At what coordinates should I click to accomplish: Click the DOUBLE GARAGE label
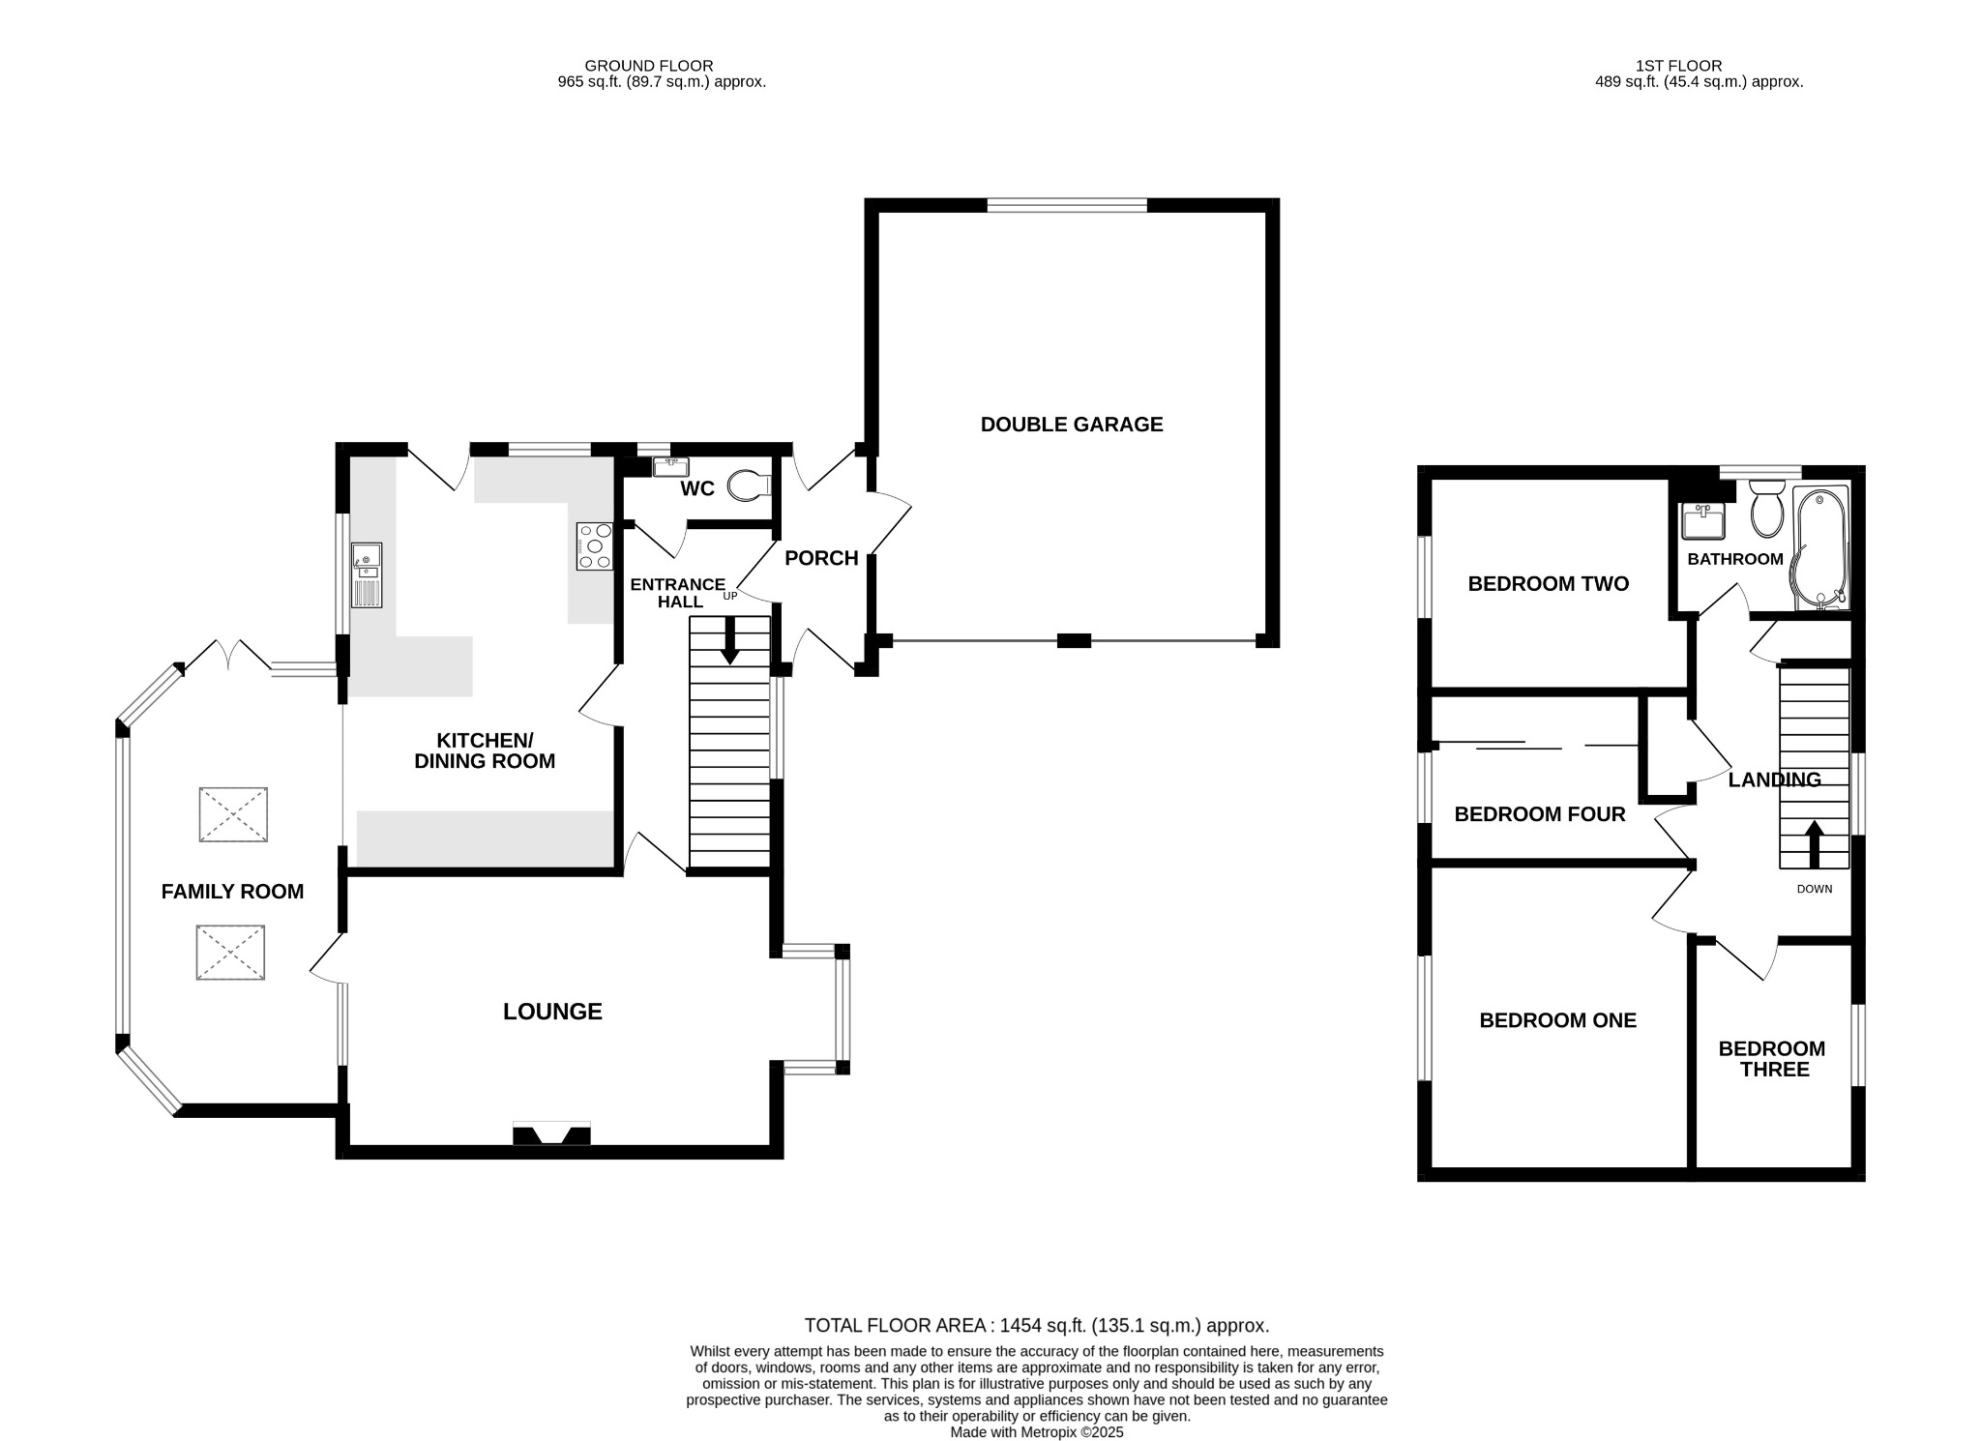(1071, 424)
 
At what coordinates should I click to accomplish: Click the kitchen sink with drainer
(368, 574)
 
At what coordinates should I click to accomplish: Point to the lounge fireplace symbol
(551, 1133)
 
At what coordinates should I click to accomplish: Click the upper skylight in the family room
(233, 814)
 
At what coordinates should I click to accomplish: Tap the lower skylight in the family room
(230, 953)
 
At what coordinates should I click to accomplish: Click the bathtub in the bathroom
(1820, 547)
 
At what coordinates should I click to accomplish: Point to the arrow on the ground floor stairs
(730, 640)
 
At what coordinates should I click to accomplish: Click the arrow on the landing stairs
(1814, 844)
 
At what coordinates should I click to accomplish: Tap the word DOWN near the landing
(1814, 889)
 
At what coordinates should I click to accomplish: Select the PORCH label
(821, 558)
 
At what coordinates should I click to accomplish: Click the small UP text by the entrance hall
(729, 596)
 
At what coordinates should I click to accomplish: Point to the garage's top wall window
(1067, 205)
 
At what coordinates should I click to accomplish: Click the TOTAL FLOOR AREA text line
(1036, 1326)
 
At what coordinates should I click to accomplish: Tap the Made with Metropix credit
(1036, 1432)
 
